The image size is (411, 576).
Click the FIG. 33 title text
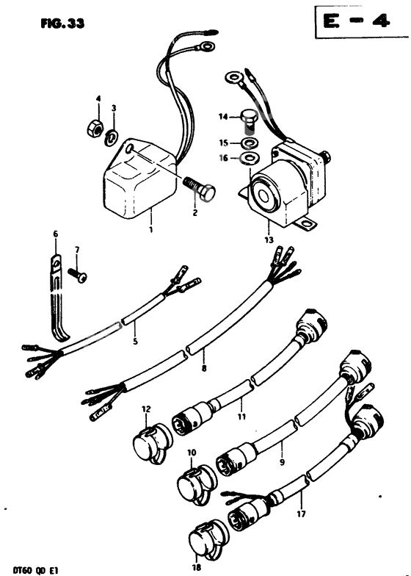click(62, 24)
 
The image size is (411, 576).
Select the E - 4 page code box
click(361, 21)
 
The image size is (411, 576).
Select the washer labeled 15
click(250, 143)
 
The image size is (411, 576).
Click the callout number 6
click(56, 234)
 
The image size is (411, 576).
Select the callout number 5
click(135, 342)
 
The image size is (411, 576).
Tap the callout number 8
click(204, 367)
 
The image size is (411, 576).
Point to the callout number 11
click(241, 417)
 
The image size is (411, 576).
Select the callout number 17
click(302, 513)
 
